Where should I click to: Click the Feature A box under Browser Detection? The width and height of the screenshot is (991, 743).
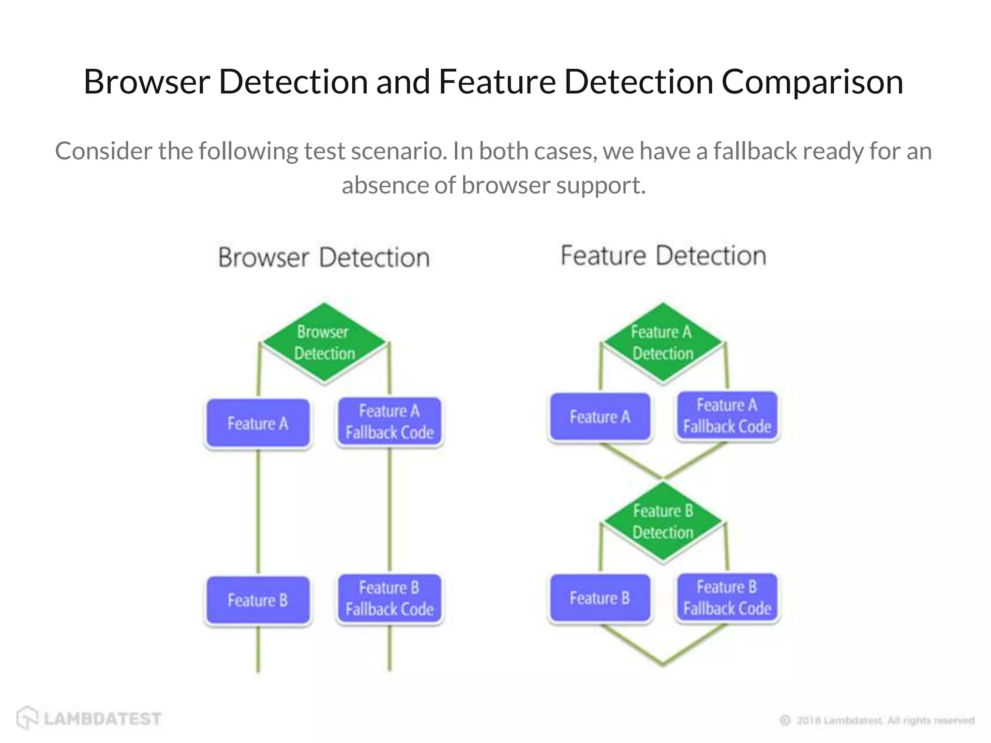pyautogui.click(x=258, y=423)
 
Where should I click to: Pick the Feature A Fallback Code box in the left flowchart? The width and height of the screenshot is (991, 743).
pyautogui.click(x=390, y=422)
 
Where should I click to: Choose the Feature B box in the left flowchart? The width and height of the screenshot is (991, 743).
pyautogui.click(x=258, y=600)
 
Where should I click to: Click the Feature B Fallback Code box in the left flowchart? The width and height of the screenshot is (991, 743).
pyautogui.click(x=390, y=598)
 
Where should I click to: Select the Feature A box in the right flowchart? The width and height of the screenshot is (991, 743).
pyautogui.click(x=600, y=417)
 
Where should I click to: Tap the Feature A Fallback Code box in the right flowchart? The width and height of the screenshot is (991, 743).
pyautogui.click(x=727, y=416)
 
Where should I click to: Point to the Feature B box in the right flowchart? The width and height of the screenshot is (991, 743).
pyautogui.click(x=600, y=598)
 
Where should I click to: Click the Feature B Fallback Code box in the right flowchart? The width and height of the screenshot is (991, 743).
pyautogui.click(x=727, y=597)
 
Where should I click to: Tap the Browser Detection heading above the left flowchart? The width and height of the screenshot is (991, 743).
pyautogui.click(x=324, y=257)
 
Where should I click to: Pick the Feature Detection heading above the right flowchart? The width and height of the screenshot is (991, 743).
pyautogui.click(x=663, y=255)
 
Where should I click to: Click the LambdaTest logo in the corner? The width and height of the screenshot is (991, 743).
pyautogui.click(x=90, y=718)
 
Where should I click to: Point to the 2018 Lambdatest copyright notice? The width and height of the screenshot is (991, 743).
pyautogui.click(x=877, y=720)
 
